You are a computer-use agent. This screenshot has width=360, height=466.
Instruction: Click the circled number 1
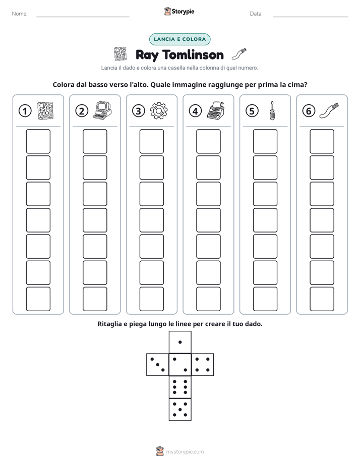coord(25,111)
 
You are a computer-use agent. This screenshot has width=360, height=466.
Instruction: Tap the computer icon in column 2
coord(102,110)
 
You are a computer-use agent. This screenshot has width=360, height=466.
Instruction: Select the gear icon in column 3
coord(159,111)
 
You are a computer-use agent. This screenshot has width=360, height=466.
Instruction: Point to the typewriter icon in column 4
coord(216,110)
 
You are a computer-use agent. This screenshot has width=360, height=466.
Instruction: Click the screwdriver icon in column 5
coord(272,110)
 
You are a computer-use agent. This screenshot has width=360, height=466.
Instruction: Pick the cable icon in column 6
coord(329,110)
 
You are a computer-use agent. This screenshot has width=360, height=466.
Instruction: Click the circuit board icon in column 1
coord(45,111)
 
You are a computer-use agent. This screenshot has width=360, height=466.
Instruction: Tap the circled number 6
coord(309,111)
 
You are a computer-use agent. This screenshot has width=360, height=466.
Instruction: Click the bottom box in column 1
coord(38,299)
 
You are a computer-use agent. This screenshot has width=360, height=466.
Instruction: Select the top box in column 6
coord(322,141)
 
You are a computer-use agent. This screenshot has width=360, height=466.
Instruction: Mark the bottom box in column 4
coord(209,299)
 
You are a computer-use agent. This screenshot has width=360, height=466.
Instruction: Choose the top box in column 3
coord(152,141)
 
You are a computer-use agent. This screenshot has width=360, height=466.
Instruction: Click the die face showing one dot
coord(180,342)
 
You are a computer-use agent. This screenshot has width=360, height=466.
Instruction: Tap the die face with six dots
coord(180,387)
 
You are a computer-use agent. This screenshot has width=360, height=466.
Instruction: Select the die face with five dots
coord(180,410)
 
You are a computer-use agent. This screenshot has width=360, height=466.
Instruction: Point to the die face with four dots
coord(203,365)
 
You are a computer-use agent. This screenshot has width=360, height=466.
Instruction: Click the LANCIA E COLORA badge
coord(179,39)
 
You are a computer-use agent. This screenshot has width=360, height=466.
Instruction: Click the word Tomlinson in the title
coord(193,55)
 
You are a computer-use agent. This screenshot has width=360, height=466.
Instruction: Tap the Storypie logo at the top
coord(179,12)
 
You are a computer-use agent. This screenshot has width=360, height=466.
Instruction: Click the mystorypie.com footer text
coord(185,452)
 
